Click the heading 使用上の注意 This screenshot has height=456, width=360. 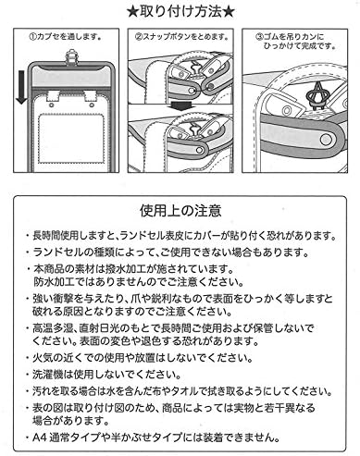(180, 213)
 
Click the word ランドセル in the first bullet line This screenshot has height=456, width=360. (143, 238)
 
